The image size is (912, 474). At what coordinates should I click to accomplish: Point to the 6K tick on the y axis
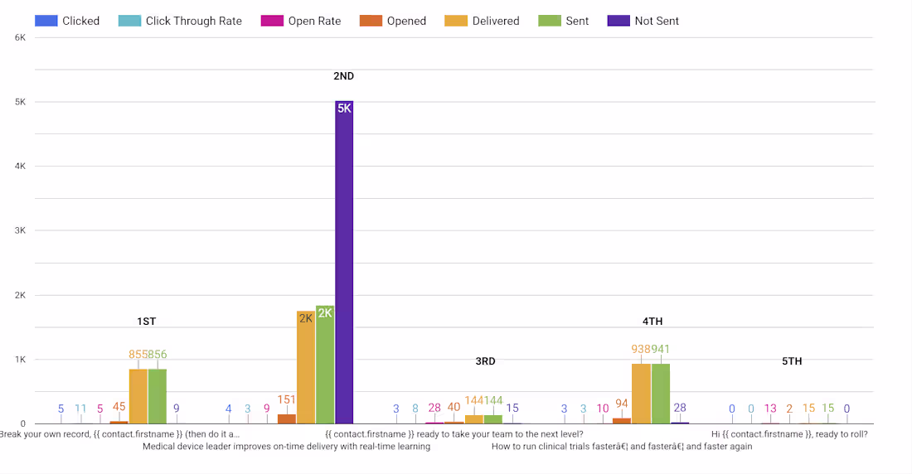20,37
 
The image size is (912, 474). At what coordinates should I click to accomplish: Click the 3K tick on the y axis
20,230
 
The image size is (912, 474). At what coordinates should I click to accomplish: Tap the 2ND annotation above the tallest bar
343,76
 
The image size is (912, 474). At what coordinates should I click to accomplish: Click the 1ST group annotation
147,322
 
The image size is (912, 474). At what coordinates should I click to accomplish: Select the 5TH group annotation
792,361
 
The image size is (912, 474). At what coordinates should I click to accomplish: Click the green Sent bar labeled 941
661,394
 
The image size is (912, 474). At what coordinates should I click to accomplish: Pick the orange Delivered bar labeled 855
138,396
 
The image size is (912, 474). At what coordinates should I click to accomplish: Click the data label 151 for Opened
287,399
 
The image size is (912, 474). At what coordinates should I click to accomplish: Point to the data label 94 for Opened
622,404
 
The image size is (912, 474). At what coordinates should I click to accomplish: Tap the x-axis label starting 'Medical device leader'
286,447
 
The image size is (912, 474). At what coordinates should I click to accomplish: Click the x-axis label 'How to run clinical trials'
622,447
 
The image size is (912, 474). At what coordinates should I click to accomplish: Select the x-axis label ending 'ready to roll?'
789,433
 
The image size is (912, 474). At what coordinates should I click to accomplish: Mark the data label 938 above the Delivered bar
641,350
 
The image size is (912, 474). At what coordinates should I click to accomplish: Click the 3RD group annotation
485,361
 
